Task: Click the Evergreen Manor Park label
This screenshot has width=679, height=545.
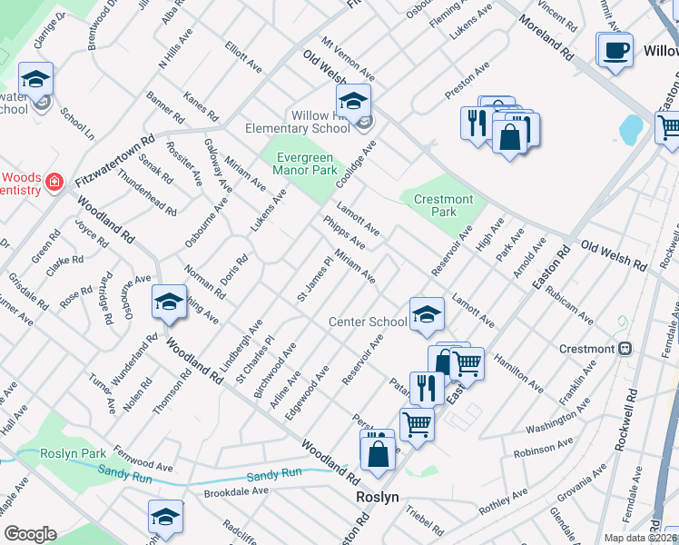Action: pos(306,163)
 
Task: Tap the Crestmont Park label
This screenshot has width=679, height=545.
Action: pos(443,205)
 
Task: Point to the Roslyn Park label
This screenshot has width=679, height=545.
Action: pos(74,452)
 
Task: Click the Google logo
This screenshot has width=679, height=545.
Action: pos(30,534)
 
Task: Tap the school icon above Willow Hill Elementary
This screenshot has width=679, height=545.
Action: pos(353,101)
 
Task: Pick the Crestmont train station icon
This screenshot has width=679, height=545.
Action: pos(625,349)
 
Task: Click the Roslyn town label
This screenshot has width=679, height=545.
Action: pos(377,498)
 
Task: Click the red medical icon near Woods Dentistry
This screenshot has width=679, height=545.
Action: pos(55,182)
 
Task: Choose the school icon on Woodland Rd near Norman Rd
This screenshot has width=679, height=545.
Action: pos(168,302)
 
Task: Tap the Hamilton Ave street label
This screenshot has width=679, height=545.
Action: pos(518,373)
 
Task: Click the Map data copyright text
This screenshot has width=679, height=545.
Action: pos(639,538)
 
